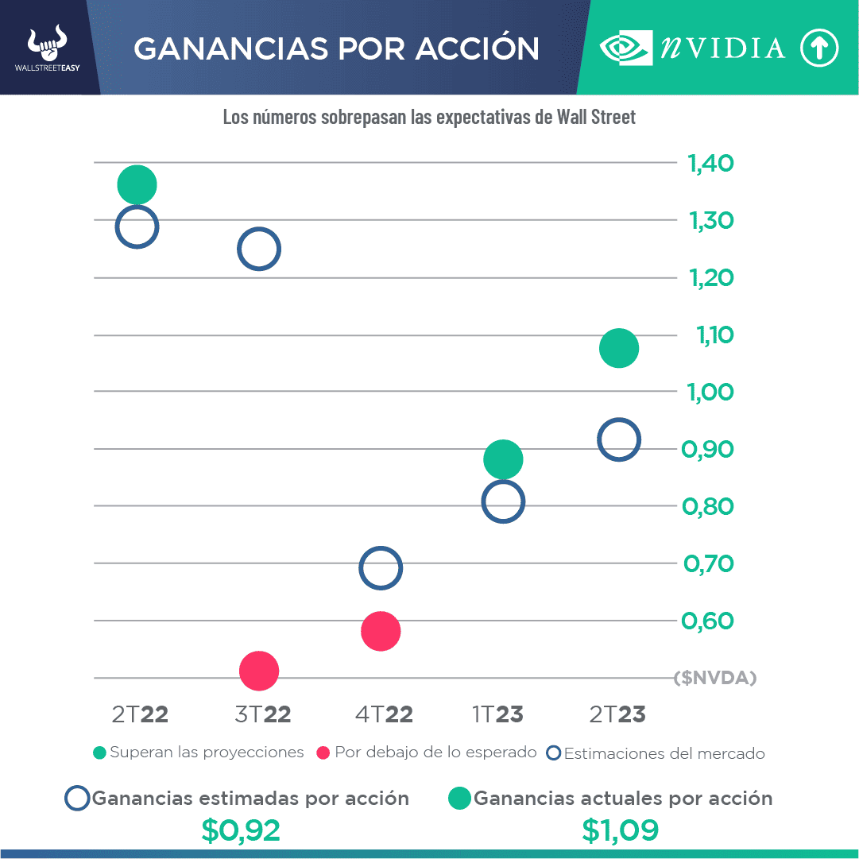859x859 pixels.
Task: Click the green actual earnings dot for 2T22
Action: click(137, 185)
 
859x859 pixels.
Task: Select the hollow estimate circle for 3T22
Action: click(259, 249)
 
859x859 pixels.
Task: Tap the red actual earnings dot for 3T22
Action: click(259, 671)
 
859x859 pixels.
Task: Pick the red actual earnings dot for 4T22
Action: click(381, 631)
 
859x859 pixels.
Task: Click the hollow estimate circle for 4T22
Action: click(381, 568)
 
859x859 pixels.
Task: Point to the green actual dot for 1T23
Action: click(502, 459)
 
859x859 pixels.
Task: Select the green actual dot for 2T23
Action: click(619, 348)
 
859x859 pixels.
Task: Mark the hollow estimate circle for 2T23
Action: click(618, 439)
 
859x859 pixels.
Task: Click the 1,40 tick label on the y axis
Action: click(710, 164)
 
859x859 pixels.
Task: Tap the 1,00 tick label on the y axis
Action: click(710, 393)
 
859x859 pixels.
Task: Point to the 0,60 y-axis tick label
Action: click(708, 621)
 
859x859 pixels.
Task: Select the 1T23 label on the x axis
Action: click(497, 714)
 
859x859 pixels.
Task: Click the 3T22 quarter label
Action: click(263, 714)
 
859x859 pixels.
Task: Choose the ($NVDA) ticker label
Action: click(714, 678)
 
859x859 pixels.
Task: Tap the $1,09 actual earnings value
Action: click(620, 830)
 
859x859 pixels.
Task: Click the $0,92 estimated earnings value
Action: click(241, 830)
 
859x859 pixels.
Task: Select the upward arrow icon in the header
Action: click(818, 48)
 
